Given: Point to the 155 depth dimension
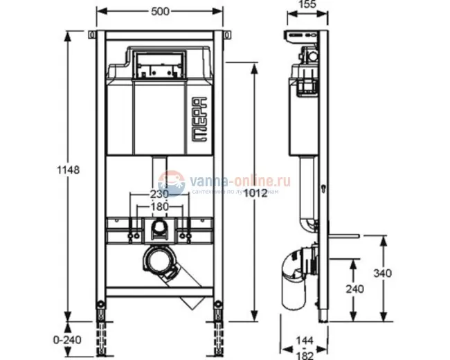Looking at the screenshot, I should pyautogui.click(x=307, y=5).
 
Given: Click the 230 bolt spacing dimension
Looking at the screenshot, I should pyautogui.click(x=160, y=195).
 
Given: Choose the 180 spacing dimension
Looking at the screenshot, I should pyautogui.click(x=160, y=206).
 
